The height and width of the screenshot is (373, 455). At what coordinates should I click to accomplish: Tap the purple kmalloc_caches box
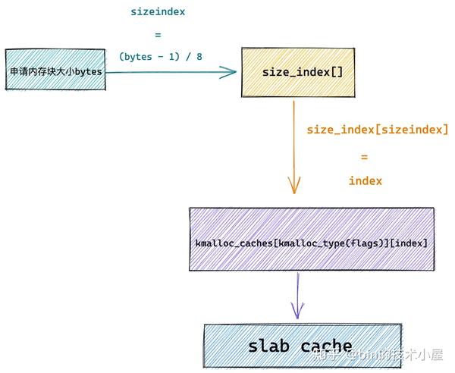click(312, 240)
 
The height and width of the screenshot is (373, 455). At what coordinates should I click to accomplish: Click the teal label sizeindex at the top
click(158, 12)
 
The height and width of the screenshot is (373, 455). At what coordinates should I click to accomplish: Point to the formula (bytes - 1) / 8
click(161, 56)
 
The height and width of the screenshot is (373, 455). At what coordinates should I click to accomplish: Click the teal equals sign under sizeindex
click(158, 34)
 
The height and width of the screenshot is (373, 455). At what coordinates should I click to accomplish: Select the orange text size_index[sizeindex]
click(377, 130)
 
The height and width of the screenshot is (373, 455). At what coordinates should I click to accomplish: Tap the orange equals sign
click(364, 156)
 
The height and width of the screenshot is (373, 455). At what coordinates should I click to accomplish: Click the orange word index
click(365, 180)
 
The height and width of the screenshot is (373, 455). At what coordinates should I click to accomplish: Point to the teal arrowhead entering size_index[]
click(227, 72)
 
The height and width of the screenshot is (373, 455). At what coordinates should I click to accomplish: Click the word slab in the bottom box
click(269, 346)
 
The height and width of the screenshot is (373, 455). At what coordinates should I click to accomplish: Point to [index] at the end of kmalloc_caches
click(412, 243)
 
